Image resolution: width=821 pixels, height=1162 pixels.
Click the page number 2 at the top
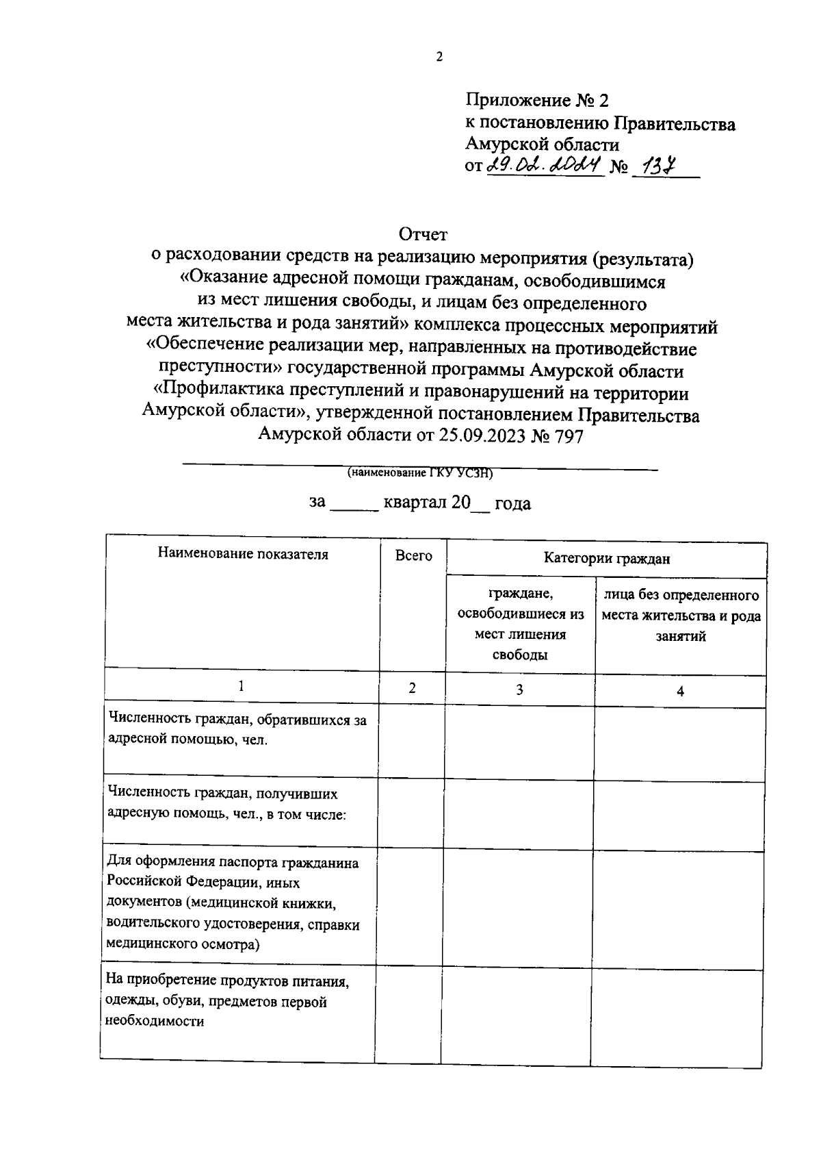(439, 57)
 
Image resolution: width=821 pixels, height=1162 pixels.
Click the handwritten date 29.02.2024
(543, 166)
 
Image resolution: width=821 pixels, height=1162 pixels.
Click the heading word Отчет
(423, 235)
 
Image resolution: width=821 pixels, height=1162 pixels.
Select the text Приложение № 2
(536, 101)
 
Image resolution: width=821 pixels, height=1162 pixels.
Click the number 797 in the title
(568, 436)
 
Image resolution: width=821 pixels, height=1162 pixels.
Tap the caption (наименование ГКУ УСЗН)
(419, 472)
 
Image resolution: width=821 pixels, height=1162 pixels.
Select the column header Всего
(413, 556)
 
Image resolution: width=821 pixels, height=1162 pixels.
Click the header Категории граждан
(606, 559)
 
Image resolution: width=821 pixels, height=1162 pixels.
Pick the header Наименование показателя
(243, 554)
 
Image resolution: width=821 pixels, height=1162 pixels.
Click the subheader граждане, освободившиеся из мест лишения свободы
(521, 624)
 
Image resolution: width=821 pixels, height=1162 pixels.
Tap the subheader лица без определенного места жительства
(681, 615)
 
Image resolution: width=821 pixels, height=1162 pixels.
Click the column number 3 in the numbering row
(519, 690)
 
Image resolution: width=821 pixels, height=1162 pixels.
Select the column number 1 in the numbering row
(241, 686)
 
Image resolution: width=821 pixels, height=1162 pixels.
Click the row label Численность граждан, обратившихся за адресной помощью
(237, 730)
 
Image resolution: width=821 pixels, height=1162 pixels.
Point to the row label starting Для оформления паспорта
(233, 903)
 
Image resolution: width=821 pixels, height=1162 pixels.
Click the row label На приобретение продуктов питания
(228, 1001)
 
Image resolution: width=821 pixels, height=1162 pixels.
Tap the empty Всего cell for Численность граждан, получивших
(411, 814)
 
